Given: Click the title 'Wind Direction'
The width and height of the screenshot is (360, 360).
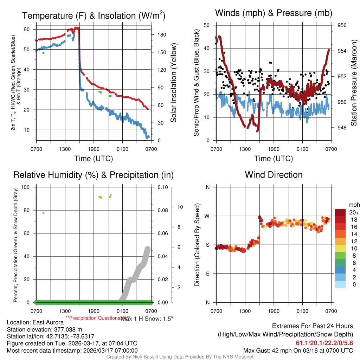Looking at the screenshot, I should pyautogui.click(x=274, y=175).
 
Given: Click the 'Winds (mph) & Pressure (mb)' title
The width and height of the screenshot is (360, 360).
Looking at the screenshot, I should pyautogui.click(x=274, y=13).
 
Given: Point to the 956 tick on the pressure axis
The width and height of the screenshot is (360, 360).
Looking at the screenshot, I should pyautogui.click(x=342, y=25).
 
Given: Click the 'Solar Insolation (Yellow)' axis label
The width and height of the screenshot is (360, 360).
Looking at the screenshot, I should pyautogui.click(x=173, y=83).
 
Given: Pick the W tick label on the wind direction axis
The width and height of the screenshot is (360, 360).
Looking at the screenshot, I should pyautogui.click(x=208, y=216).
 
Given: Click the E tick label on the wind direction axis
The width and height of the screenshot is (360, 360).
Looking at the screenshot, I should pyautogui.click(x=208, y=274).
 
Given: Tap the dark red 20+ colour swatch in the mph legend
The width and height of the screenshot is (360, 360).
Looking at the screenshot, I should pyautogui.click(x=340, y=212).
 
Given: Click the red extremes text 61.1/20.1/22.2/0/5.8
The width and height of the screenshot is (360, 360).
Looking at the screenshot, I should pyautogui.click(x=324, y=343).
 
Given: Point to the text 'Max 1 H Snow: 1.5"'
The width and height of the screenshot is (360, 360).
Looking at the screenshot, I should pyautogui.click(x=147, y=319).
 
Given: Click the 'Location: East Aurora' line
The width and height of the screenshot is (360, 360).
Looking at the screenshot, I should pyautogui.click(x=35, y=322).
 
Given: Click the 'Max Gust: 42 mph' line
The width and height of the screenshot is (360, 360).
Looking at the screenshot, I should pyautogui.click(x=298, y=351).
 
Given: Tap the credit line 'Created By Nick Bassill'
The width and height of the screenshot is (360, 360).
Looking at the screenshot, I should pyautogui.click(x=180, y=357).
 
